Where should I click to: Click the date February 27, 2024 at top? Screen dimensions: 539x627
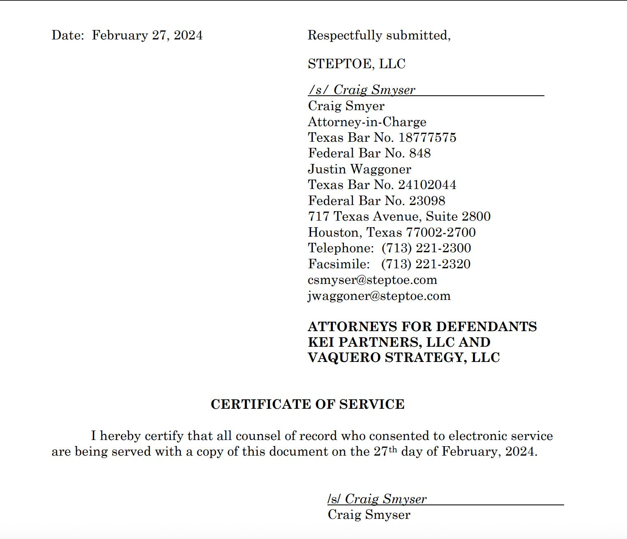(x=147, y=35)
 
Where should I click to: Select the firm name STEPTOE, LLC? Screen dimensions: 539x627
(x=356, y=64)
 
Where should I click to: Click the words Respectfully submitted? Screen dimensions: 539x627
(x=378, y=35)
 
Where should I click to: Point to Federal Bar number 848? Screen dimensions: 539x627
(x=420, y=153)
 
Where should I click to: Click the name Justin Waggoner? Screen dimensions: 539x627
(x=359, y=169)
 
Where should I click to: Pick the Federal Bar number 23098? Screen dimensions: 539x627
(x=427, y=201)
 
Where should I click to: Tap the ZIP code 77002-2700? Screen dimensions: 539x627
(x=441, y=233)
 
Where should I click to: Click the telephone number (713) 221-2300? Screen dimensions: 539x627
(x=426, y=248)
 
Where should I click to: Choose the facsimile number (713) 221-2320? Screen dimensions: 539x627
(x=426, y=264)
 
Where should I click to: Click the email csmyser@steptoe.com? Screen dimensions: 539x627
(x=372, y=280)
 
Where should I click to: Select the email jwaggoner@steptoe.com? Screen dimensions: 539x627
(x=379, y=296)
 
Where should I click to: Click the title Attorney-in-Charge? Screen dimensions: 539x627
(x=367, y=122)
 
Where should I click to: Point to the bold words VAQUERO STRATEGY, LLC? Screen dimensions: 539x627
(x=403, y=358)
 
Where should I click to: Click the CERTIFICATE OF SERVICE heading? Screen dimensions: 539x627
(x=307, y=404)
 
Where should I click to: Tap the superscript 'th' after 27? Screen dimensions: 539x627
(x=393, y=449)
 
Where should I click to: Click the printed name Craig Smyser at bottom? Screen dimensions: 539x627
(x=369, y=515)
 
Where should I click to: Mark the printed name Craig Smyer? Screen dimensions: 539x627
(x=346, y=106)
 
